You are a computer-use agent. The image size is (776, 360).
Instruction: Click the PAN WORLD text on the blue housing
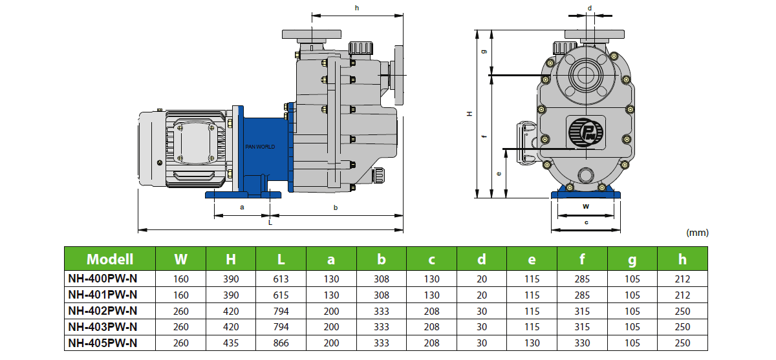pyautogui.click(x=260, y=147)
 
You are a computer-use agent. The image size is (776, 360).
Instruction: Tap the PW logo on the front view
pyautogui.click(x=585, y=133)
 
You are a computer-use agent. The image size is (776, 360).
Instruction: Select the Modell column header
pyautogui.click(x=110, y=259)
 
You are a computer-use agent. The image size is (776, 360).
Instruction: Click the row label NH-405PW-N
pyautogui.click(x=103, y=343)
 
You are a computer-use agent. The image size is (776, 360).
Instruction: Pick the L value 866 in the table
pyautogui.click(x=281, y=343)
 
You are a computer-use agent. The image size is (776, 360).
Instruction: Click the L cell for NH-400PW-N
pyautogui.click(x=281, y=279)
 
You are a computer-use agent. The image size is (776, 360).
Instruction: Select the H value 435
pyautogui.click(x=231, y=343)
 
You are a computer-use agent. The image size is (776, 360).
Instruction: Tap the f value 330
pyautogui.click(x=582, y=343)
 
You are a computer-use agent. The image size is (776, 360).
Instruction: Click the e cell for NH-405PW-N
pyautogui.click(x=532, y=343)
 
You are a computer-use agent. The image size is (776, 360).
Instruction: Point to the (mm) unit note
pyautogui.click(x=697, y=233)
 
